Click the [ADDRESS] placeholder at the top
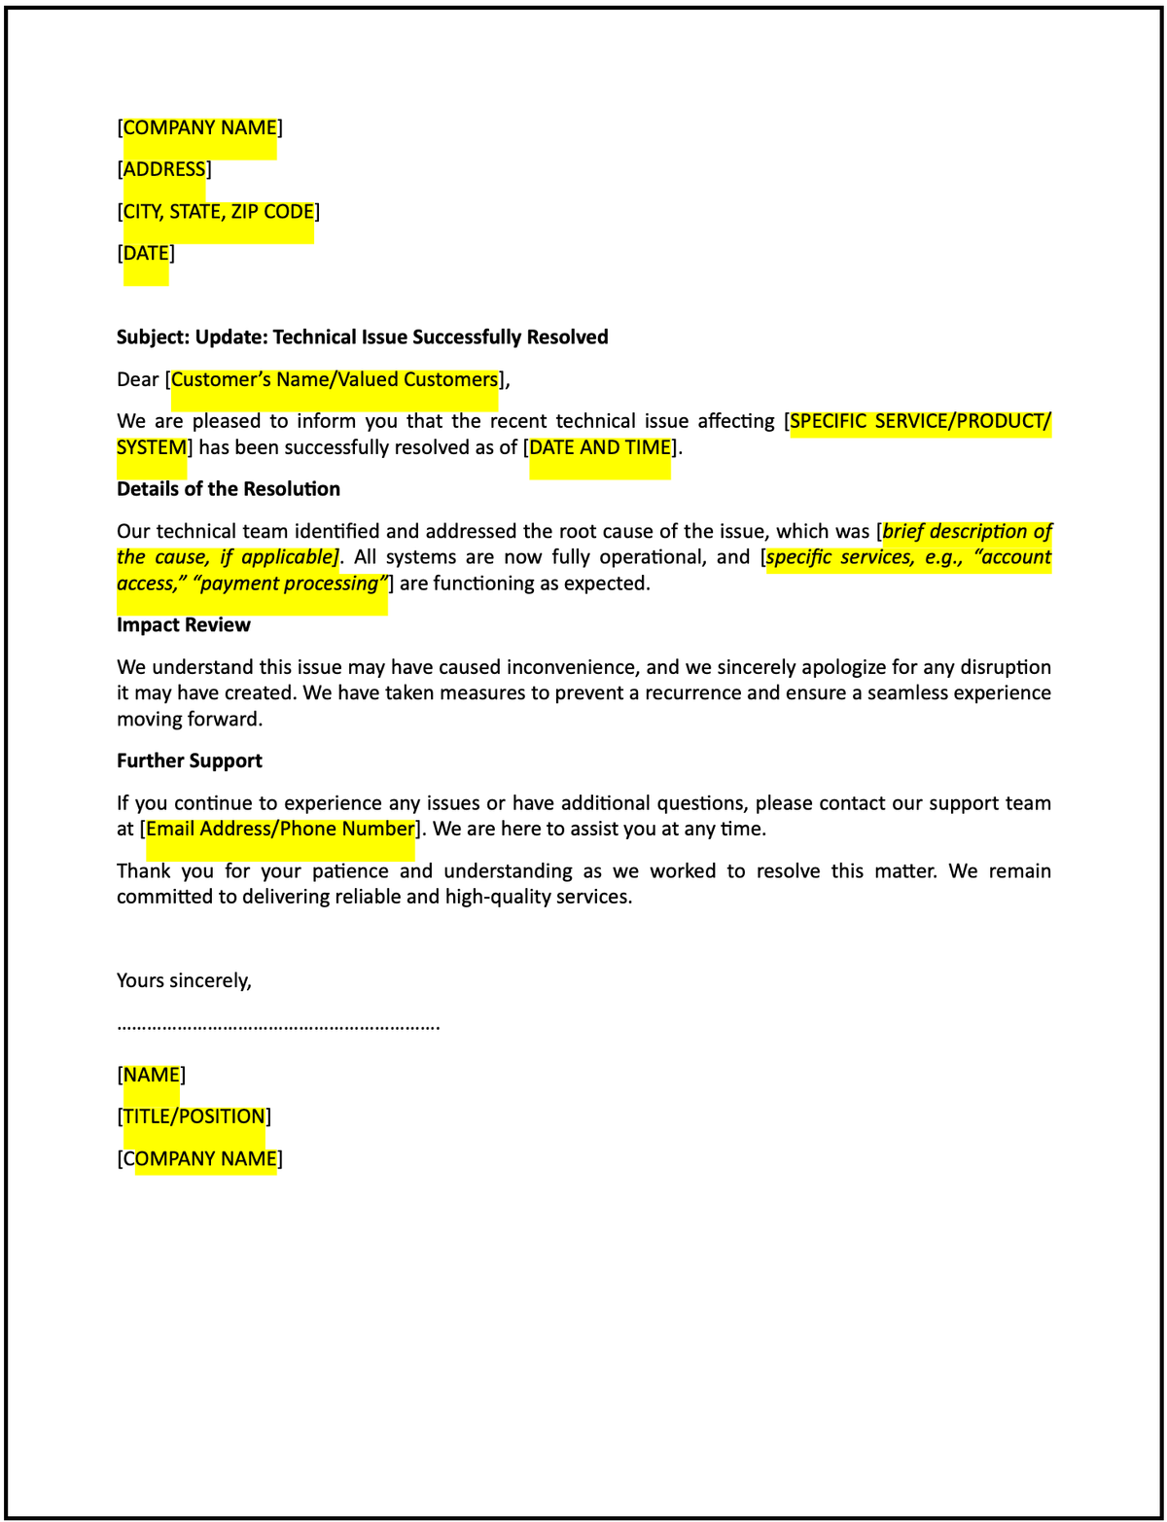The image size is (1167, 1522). point(164,169)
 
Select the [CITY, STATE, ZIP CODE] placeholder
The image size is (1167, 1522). point(218,211)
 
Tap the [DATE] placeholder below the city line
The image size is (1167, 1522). point(146,253)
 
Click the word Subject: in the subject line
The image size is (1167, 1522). point(153,336)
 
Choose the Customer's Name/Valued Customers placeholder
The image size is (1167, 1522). point(335,379)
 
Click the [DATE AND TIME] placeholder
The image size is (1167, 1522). point(600,447)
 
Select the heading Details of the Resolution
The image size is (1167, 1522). point(229,488)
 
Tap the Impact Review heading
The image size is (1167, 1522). point(184,624)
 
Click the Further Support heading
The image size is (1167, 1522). point(190,761)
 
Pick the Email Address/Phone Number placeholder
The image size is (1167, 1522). point(280,829)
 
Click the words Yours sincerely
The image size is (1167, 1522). point(184,980)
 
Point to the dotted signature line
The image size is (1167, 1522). point(278,1026)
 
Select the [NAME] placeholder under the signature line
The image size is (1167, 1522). point(152,1075)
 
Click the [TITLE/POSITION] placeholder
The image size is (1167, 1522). point(194,1116)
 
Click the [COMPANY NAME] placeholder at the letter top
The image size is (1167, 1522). point(199,127)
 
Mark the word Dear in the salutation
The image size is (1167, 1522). point(137,379)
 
